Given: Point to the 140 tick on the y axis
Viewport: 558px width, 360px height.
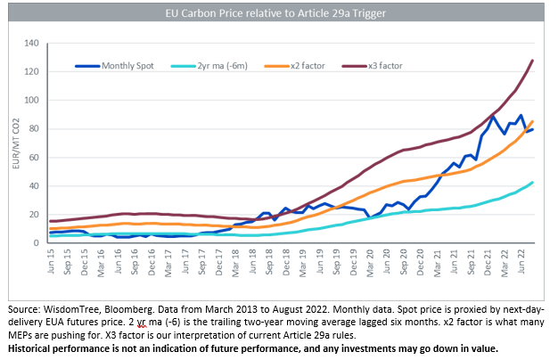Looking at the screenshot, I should click(x=34, y=43).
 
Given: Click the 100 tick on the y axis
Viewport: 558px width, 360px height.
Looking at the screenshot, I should click(x=34, y=100).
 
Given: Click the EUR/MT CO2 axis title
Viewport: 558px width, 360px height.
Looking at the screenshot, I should click(x=13, y=143).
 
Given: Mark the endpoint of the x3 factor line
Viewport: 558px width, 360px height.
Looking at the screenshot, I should click(x=533, y=61).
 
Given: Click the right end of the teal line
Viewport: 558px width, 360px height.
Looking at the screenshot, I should click(x=533, y=182).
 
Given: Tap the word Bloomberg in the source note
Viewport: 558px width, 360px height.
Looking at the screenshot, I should click(x=133, y=305).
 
